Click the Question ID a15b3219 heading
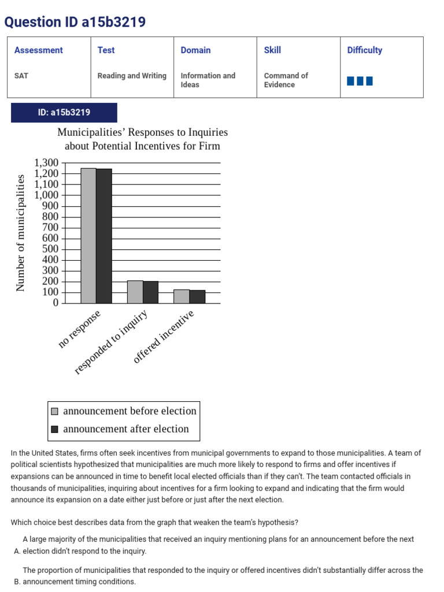pyautogui.click(x=75, y=22)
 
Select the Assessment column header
pyautogui.click(x=38, y=50)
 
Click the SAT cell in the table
pyautogui.click(x=21, y=76)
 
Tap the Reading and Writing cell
pyautogui.click(x=132, y=76)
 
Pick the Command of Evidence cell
pyautogui.click(x=286, y=80)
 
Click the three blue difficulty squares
pyautogui.click(x=360, y=81)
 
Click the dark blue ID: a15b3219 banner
pyautogui.click(x=64, y=113)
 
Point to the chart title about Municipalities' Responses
pyautogui.click(x=142, y=139)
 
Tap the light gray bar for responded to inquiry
pyautogui.click(x=135, y=292)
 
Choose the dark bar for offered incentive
pyautogui.click(x=197, y=297)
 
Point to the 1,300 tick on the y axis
pyautogui.click(x=47, y=162)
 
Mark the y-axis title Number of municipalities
pyautogui.click(x=21, y=232)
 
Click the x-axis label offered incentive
pyautogui.click(x=164, y=336)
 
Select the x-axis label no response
pyautogui.click(x=80, y=328)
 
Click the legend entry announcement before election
pyautogui.click(x=129, y=411)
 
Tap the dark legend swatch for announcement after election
pyautogui.click(x=55, y=429)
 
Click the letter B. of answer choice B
pyautogui.click(x=17, y=582)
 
